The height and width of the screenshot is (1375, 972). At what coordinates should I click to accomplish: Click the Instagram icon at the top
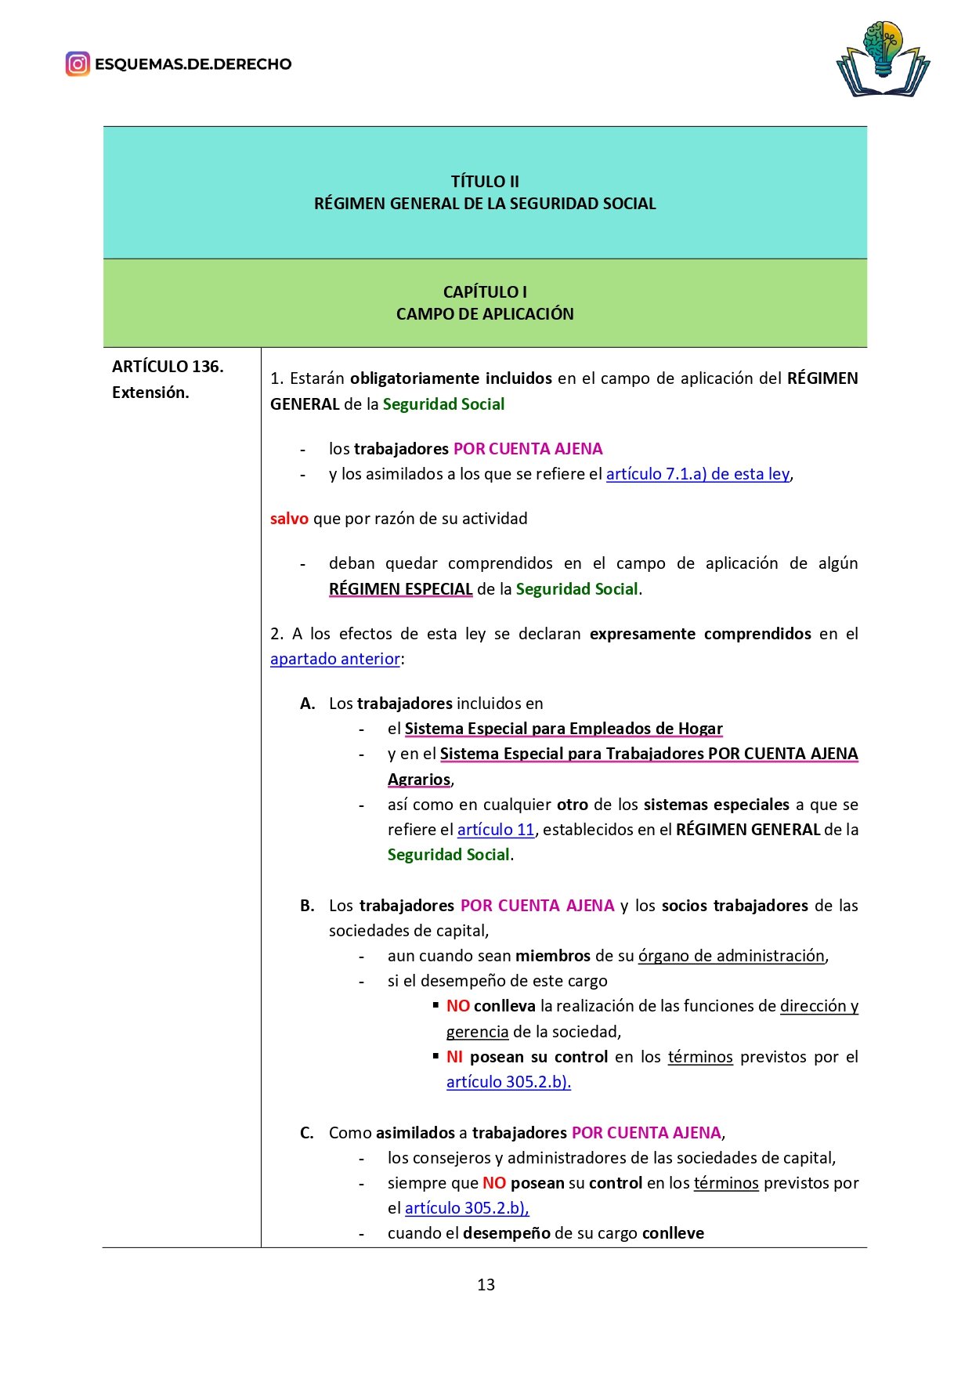pos(78,63)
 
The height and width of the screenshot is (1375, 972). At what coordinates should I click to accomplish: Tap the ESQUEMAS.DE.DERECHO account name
pos(193,64)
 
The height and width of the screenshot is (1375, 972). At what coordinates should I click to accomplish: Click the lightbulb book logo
pos(883,60)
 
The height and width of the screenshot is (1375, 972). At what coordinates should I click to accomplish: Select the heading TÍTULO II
pos(485,181)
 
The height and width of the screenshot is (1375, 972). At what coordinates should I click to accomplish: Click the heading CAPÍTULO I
pos(485,291)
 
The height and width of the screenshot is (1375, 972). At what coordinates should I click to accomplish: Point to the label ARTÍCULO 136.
pos(168,366)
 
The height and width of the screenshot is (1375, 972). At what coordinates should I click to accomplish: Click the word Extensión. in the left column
pos(150,393)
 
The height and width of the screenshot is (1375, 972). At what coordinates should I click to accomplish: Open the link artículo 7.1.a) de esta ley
pos(698,474)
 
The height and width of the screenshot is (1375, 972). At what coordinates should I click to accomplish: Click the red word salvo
pos(289,519)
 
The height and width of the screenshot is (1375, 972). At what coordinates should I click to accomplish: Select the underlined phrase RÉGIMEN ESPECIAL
pos(400,589)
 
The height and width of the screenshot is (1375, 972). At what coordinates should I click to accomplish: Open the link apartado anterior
pos(335,659)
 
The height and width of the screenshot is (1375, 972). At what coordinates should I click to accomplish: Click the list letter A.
pos(307,704)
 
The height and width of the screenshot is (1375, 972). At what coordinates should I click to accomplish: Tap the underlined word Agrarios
pos(419,780)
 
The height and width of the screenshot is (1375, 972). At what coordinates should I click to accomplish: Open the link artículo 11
pos(496,830)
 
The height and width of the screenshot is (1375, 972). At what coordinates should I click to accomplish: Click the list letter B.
pos(307,906)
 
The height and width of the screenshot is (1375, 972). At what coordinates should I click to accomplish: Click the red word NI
pos(454,1057)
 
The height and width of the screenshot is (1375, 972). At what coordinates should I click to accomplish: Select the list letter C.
pos(307,1133)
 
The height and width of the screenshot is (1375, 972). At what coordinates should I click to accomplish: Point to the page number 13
pos(486,1285)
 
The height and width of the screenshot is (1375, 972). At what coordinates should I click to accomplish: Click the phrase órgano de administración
pos(732,956)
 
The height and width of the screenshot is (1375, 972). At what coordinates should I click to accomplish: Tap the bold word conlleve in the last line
pos(673,1233)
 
